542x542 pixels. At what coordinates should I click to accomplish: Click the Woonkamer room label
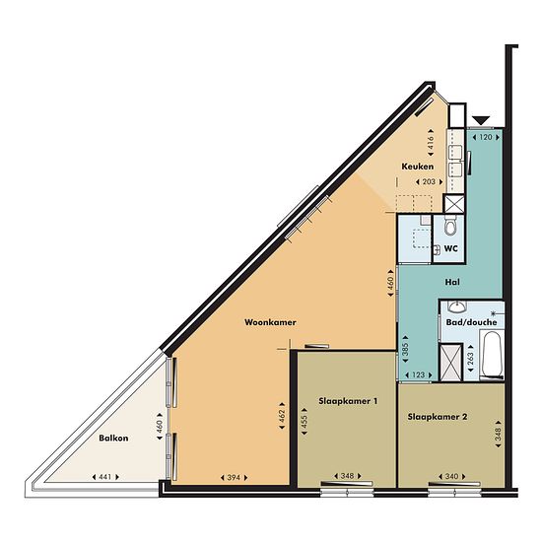point(270,322)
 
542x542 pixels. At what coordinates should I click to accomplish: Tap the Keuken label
point(417,167)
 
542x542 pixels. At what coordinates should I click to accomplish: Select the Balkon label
point(113,439)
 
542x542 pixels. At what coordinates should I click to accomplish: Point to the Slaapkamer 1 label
point(348,401)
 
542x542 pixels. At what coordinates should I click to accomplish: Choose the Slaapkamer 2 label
point(438,417)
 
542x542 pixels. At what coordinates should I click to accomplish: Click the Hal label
point(452,282)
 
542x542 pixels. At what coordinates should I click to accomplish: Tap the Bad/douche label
point(471,322)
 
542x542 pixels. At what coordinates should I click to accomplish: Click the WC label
point(450,248)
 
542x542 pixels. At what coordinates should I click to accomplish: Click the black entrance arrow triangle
point(481,120)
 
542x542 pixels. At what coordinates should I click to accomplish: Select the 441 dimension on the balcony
point(105,477)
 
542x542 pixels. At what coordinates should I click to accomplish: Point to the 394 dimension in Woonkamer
point(234,478)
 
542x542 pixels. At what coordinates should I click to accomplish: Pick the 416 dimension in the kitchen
point(431,142)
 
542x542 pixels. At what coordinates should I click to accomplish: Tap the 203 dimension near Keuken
point(429,182)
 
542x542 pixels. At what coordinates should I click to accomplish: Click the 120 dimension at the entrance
point(486,137)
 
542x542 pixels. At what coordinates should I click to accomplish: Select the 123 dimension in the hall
point(418,374)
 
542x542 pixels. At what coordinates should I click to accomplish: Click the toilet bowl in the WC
point(450,226)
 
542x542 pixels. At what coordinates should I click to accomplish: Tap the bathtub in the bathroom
point(493,355)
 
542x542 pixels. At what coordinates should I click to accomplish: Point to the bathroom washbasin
point(457,305)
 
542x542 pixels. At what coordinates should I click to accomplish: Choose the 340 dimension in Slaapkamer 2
point(451,477)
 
